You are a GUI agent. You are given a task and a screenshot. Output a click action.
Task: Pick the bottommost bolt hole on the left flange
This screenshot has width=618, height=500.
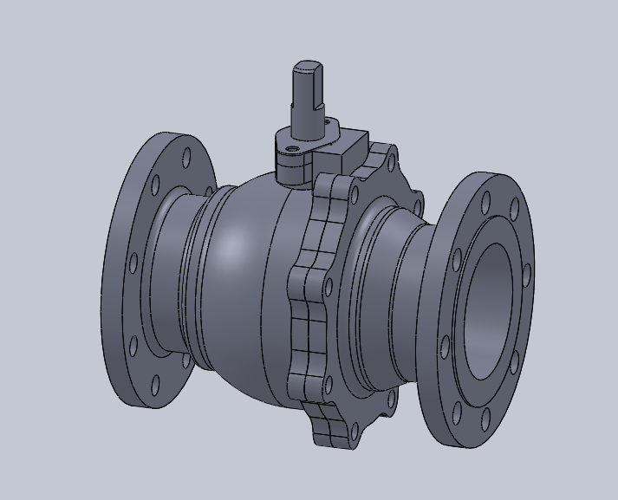157,384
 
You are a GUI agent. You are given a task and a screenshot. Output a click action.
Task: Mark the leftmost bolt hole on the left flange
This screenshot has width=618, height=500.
133,262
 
